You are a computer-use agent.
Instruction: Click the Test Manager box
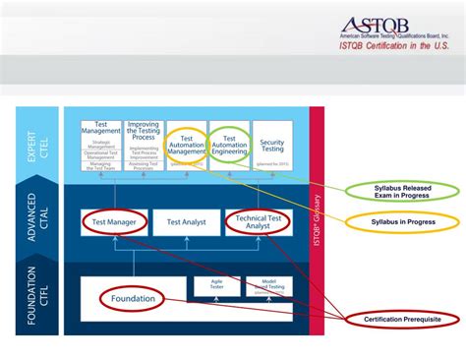click(x=115, y=222)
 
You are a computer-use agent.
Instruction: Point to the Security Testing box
click(x=272, y=147)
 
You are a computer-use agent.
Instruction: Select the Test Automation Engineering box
click(x=230, y=147)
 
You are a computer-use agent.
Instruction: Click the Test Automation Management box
click(x=186, y=147)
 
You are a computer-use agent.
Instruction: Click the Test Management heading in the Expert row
click(x=101, y=128)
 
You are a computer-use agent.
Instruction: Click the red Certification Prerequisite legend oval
click(x=402, y=320)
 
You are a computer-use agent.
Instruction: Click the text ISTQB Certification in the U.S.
click(x=398, y=45)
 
